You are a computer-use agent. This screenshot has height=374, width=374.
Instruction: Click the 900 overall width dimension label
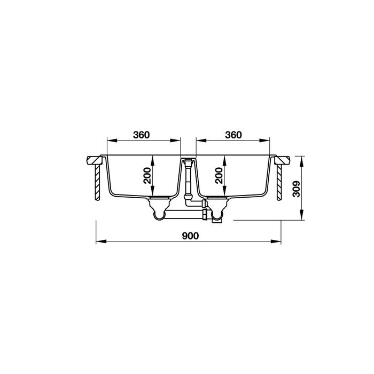tap(190, 236)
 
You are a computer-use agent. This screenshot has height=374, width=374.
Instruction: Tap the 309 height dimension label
tap(297, 189)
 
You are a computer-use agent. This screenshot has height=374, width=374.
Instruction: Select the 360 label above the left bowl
tap(142, 135)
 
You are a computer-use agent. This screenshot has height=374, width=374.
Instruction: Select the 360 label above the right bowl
tap(233, 135)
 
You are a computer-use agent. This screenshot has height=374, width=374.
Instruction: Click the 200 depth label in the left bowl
tap(147, 176)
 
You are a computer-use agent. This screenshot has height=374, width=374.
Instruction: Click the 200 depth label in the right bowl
tap(219, 176)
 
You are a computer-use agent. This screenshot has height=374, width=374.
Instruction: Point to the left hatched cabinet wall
tap(97, 182)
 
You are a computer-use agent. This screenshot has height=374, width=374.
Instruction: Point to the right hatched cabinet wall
tap(279, 182)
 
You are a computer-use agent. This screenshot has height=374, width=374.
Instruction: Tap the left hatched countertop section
tap(94, 160)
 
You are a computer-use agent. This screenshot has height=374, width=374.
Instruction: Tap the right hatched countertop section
tap(282, 160)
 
